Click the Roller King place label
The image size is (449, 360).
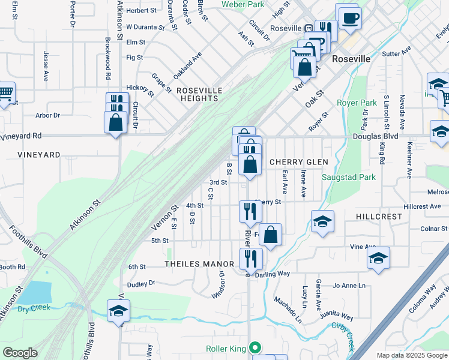coord(226,347)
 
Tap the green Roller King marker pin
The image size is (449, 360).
coord(255,347)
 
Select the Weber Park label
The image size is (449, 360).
coord(243,4)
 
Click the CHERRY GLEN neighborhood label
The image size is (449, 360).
coord(298,162)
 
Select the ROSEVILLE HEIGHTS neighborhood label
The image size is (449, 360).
coord(199,94)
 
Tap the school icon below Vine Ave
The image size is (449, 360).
coord(378,258)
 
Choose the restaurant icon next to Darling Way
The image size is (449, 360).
coord(250,259)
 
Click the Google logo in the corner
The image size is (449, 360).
coord(20,353)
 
